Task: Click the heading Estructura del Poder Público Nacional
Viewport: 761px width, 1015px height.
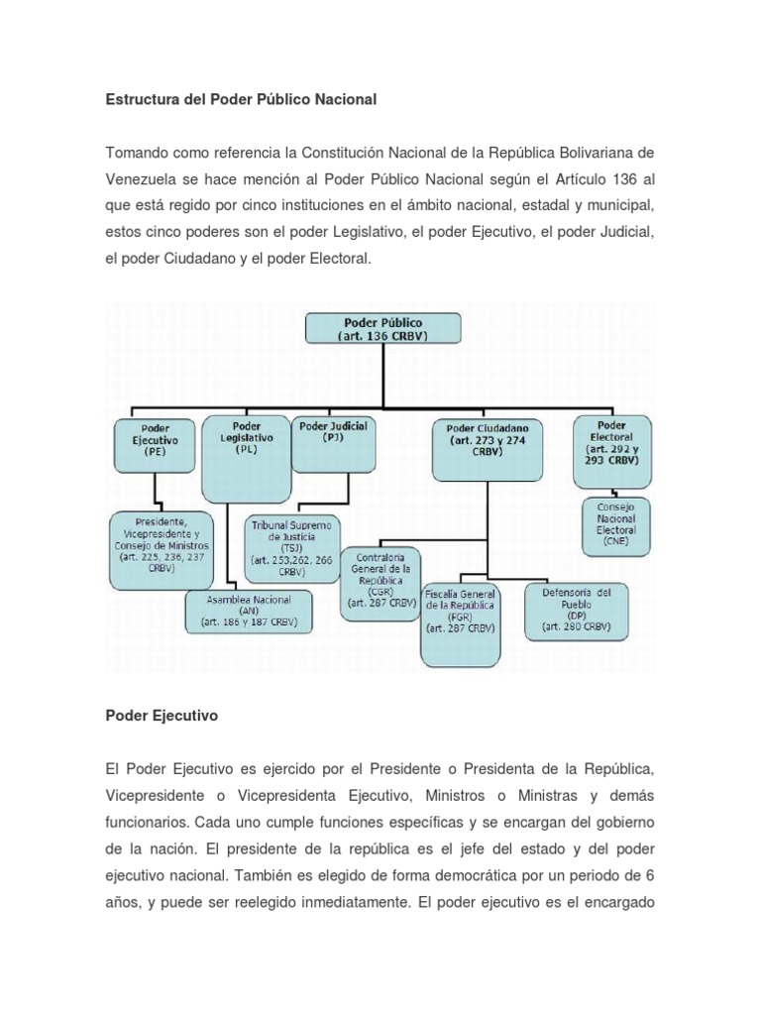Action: coord(242,100)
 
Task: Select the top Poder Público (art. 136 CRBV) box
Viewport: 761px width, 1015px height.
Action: coord(382,329)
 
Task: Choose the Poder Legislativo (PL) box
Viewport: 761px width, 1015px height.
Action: coord(246,436)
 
